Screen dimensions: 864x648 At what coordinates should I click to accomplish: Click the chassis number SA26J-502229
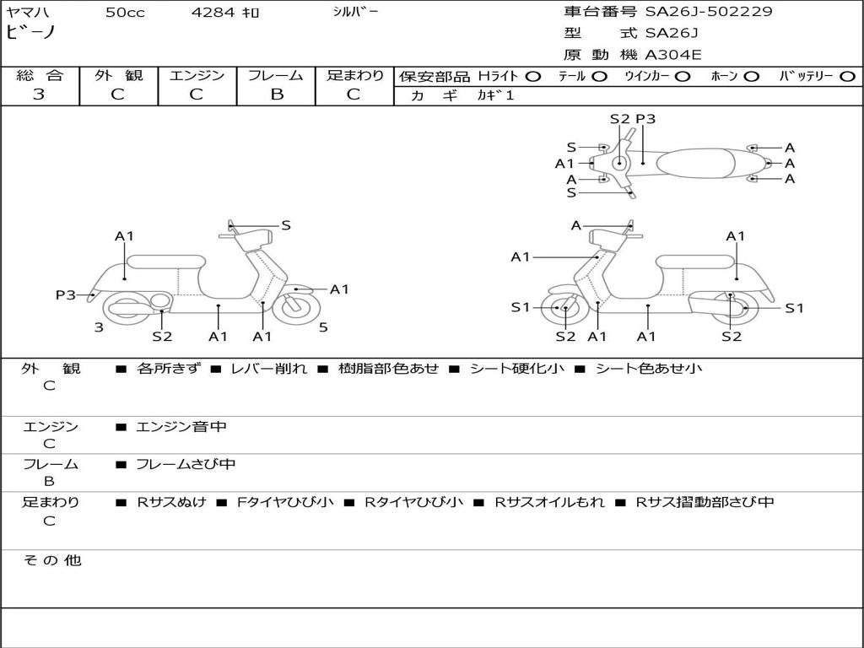pyautogui.click(x=709, y=11)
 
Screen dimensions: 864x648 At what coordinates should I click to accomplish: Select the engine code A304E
pyautogui.click(x=673, y=55)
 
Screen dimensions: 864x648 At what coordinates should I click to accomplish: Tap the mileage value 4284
pyautogui.click(x=213, y=12)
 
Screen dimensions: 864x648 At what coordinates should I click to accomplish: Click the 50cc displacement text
pyautogui.click(x=125, y=12)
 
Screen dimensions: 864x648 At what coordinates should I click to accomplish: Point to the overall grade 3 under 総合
pyautogui.click(x=39, y=94)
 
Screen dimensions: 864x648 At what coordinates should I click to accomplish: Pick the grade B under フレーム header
pyautogui.click(x=277, y=94)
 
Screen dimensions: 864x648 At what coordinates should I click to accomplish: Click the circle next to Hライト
pyautogui.click(x=533, y=77)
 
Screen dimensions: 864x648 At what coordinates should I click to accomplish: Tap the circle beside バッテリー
pyautogui.click(x=847, y=77)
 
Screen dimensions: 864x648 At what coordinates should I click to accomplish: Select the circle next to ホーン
pyautogui.click(x=751, y=77)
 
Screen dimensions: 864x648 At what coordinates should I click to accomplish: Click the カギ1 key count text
pyautogui.click(x=495, y=95)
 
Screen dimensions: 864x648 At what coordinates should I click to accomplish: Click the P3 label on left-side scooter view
pyautogui.click(x=66, y=294)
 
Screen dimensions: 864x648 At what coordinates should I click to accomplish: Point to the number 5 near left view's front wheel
pyautogui.click(x=323, y=327)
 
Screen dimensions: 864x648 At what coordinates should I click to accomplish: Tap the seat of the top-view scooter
pyautogui.click(x=695, y=163)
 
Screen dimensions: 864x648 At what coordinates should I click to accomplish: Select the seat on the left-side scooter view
pyautogui.click(x=166, y=262)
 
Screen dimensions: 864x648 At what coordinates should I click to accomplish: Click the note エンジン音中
pyautogui.click(x=181, y=426)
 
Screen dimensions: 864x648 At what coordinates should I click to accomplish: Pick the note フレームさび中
pyautogui.click(x=186, y=465)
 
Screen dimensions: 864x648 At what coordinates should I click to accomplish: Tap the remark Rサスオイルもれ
pyautogui.click(x=549, y=502)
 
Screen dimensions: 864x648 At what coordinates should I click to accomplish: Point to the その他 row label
pyautogui.click(x=52, y=560)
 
